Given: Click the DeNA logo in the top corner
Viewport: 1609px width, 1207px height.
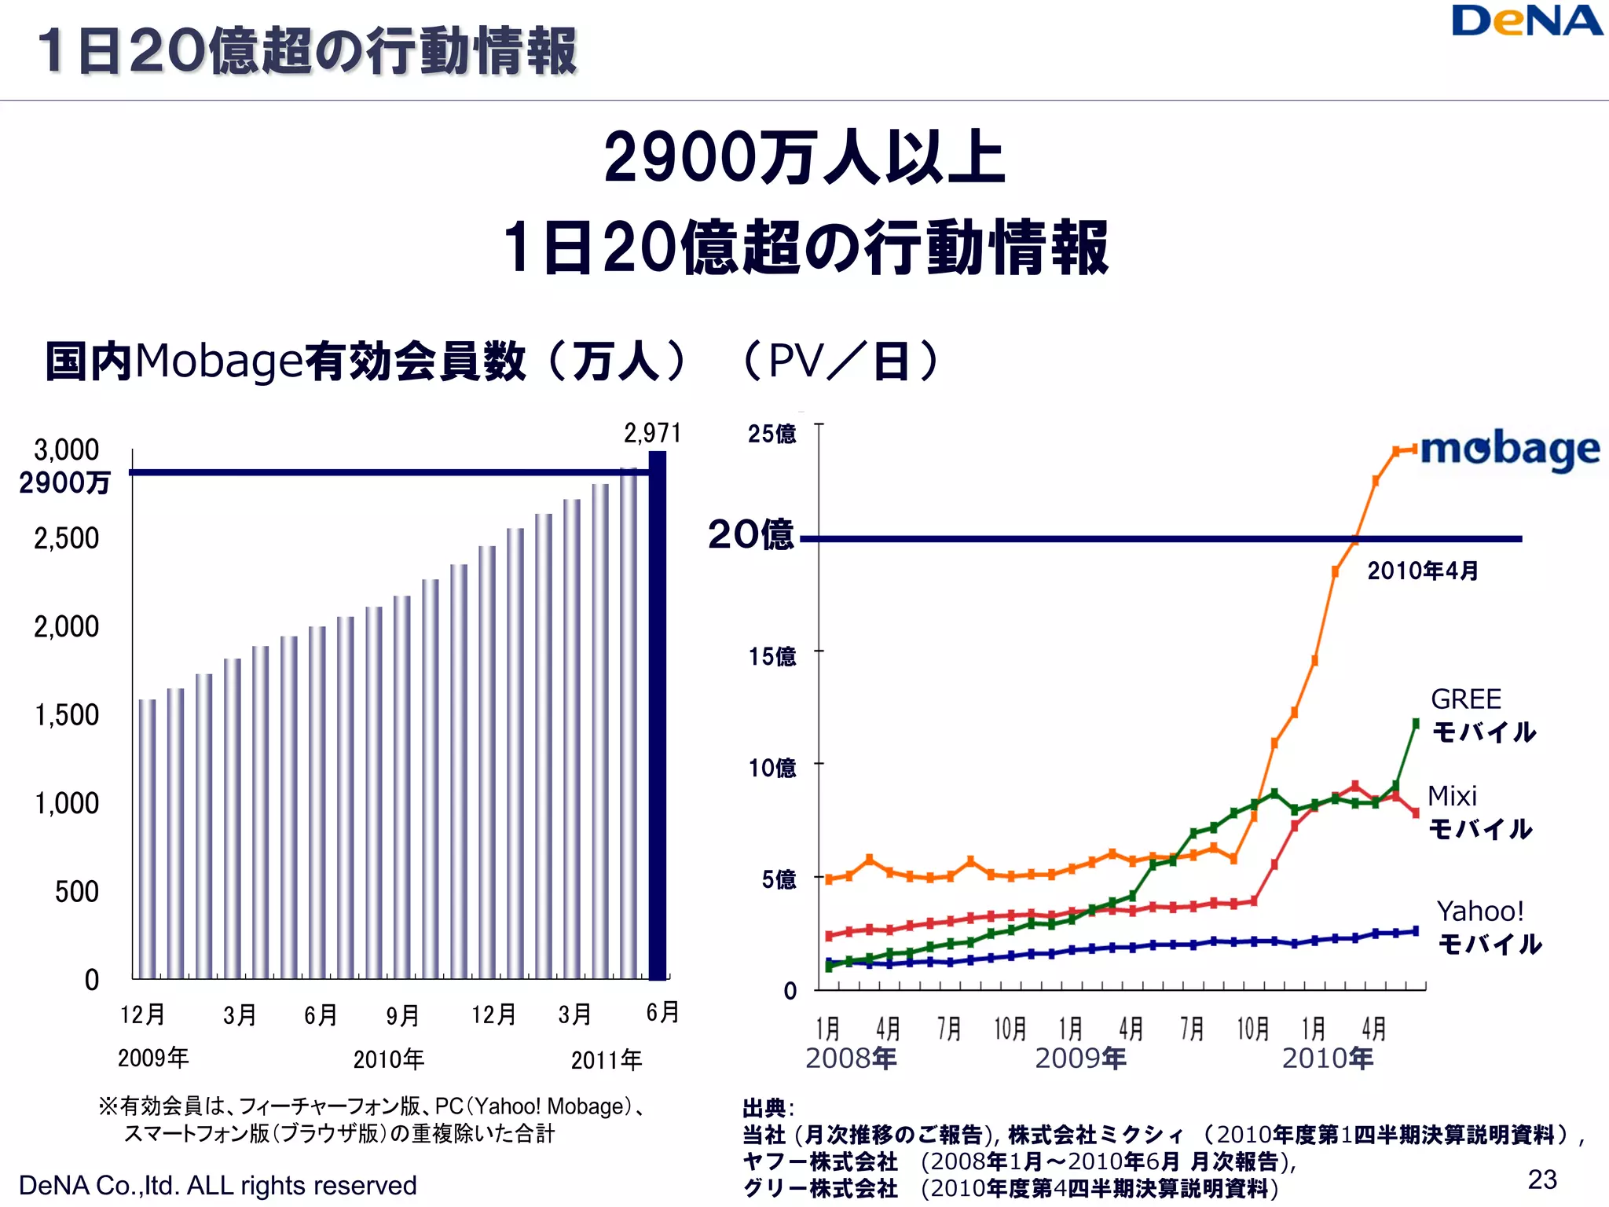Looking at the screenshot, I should click(x=1527, y=22).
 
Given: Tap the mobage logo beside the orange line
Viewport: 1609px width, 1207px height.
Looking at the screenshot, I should click(x=1509, y=450).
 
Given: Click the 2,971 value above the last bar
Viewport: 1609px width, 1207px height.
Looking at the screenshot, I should click(x=652, y=433).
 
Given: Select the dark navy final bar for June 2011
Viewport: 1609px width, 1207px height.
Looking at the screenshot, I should click(x=658, y=715).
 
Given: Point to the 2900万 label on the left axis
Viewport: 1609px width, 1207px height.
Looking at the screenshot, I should click(x=64, y=482).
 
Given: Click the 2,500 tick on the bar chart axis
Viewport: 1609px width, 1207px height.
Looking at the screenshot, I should click(x=67, y=538).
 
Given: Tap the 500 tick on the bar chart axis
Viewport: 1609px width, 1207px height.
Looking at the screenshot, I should click(x=77, y=892).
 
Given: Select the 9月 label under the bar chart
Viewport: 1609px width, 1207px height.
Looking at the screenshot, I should click(x=402, y=1015).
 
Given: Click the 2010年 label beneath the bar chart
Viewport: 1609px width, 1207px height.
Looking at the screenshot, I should click(x=389, y=1059).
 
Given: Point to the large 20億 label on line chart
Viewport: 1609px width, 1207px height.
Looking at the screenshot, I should click(x=750, y=535).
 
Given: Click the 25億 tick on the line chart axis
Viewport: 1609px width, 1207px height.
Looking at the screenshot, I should click(x=772, y=434).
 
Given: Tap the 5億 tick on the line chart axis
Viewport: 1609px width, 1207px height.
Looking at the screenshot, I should click(x=779, y=879).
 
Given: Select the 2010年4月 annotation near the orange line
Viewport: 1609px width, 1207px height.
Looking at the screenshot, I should click(x=1422, y=570).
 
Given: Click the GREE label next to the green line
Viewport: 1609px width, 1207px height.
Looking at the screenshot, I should click(x=1466, y=699).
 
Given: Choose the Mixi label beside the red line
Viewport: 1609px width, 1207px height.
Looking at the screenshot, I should click(x=1452, y=796).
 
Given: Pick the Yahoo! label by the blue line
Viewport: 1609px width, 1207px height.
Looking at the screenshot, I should click(x=1480, y=912).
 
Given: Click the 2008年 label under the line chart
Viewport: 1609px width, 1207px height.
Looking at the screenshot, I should click(x=851, y=1058).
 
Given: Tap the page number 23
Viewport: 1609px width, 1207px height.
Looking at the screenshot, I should click(x=1542, y=1179).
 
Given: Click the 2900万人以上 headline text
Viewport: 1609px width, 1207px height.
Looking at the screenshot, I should click(x=804, y=157).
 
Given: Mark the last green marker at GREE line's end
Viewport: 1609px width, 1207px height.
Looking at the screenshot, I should click(x=1416, y=723).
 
